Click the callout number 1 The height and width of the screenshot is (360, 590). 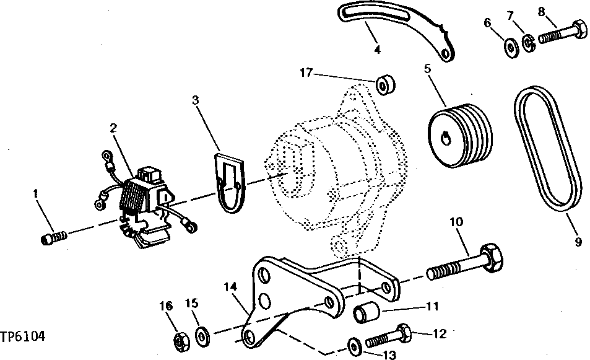tap(36, 194)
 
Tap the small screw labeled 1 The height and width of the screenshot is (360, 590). tap(54, 238)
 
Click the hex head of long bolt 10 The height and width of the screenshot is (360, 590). tap(490, 255)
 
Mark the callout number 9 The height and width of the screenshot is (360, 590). tap(578, 242)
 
